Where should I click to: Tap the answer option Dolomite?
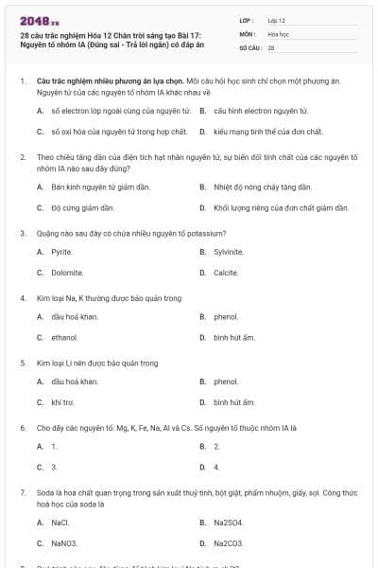[x=67, y=273]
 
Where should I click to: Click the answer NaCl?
[x=60, y=523]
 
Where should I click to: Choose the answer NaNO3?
[x=64, y=543]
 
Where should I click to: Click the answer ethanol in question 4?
[x=64, y=337]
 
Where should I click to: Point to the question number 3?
[x=23, y=233]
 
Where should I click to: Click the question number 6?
[x=23, y=428]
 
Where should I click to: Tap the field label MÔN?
[x=248, y=33]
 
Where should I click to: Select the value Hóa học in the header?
[x=278, y=33]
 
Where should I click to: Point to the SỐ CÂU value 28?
[x=271, y=46]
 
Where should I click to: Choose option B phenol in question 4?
[x=226, y=317]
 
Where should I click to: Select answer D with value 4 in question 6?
[x=216, y=467]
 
